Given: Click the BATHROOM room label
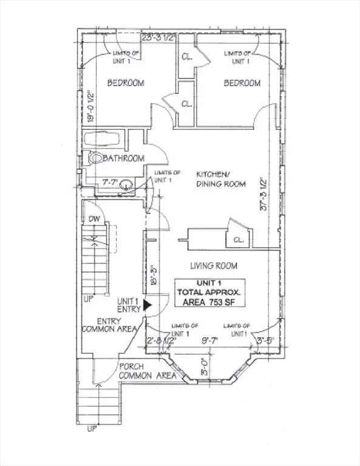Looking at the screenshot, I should pyautogui.click(x=125, y=158).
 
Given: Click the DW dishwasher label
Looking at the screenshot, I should pyautogui.click(x=94, y=219).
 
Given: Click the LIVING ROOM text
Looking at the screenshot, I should pyautogui.click(x=213, y=266).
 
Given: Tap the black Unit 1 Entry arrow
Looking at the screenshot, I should pyautogui.click(x=147, y=305).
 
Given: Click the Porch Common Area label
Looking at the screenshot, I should pyautogui.click(x=148, y=371).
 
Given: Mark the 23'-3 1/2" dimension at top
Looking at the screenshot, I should pyautogui.click(x=158, y=38).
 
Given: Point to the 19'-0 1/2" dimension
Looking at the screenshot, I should pyautogui.click(x=89, y=109).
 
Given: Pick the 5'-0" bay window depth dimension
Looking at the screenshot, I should pyautogui.click(x=205, y=366).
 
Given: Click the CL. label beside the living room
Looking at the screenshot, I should pyautogui.click(x=239, y=240).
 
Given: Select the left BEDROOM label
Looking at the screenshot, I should pyautogui.click(x=126, y=83).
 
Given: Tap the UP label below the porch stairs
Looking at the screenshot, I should pyautogui.click(x=92, y=429).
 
